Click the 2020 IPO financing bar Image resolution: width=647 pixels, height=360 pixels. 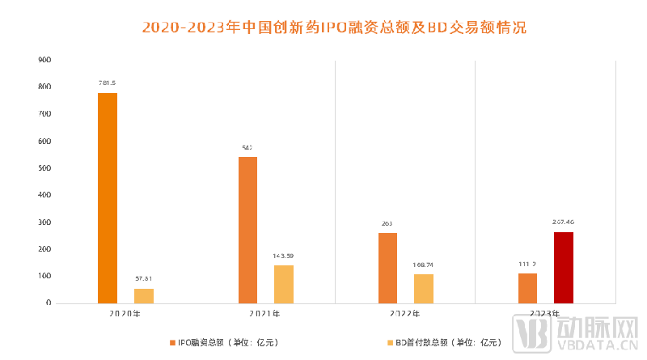(108, 198)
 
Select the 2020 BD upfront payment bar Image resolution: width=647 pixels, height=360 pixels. (144, 295)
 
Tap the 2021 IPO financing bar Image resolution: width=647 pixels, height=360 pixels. (247, 230)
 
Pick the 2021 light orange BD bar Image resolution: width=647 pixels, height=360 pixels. (284, 284)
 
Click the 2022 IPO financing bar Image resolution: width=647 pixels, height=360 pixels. (387, 268)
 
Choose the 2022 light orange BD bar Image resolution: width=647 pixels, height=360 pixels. (424, 289)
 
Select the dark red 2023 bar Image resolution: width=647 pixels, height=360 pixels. (564, 267)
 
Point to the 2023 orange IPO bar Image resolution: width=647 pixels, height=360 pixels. (527, 288)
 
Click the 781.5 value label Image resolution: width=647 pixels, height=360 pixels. (108, 83)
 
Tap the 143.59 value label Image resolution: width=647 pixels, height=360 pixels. (284, 256)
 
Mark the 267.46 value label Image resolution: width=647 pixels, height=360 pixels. (564, 222)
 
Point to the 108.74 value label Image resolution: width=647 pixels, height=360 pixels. (424, 265)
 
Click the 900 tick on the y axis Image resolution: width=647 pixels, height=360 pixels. (44, 60)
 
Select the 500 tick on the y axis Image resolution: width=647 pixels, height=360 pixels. (44, 168)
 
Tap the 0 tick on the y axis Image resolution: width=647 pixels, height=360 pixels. (49, 303)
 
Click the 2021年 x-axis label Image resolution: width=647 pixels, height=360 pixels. (265, 313)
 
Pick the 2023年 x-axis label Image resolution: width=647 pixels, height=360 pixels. (545, 313)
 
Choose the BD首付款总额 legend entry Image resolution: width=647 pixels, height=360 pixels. (445, 342)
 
